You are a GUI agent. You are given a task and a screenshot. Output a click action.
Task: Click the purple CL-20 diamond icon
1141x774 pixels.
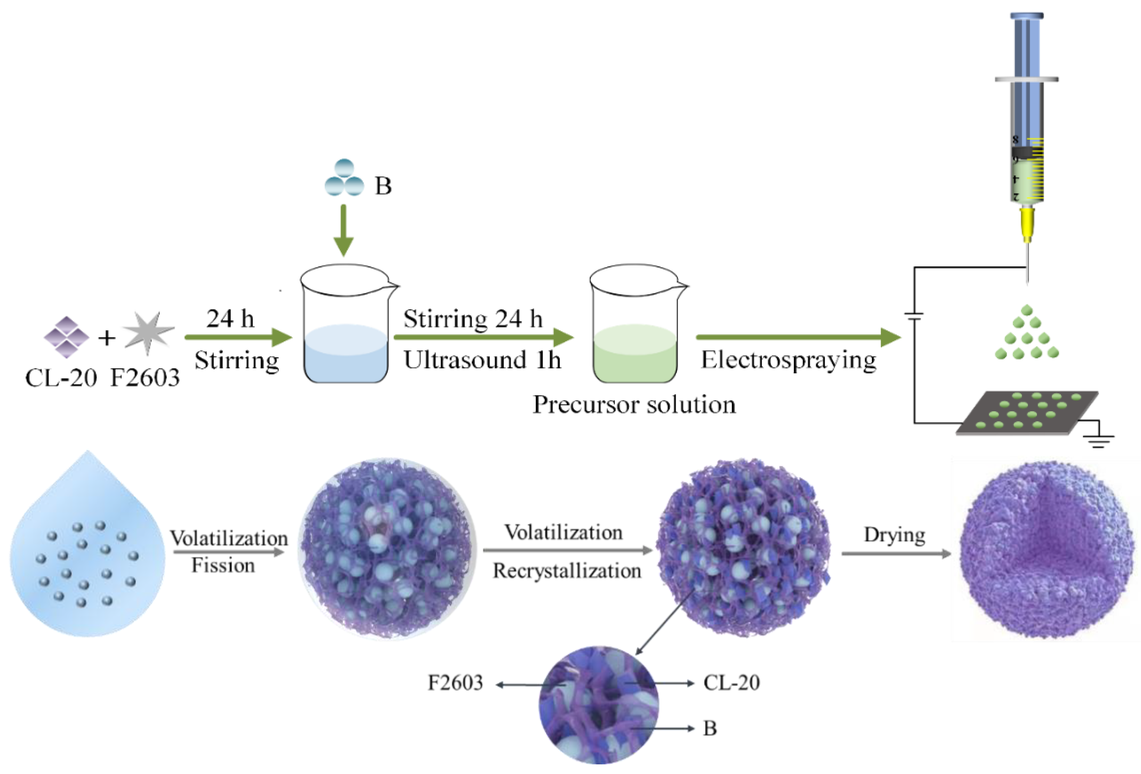tap(66, 337)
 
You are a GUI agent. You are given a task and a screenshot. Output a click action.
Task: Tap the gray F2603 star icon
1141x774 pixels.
tap(148, 333)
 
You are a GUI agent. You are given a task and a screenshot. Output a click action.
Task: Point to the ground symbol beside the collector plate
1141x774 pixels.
tap(1099, 440)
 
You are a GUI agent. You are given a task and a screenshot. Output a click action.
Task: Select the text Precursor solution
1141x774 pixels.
tap(634, 405)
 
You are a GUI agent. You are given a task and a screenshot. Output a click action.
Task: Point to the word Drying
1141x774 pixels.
tap(894, 535)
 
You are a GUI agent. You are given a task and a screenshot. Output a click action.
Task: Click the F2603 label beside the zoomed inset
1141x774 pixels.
tap(455, 683)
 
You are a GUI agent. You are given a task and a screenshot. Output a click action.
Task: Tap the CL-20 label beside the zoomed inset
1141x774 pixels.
tap(731, 683)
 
